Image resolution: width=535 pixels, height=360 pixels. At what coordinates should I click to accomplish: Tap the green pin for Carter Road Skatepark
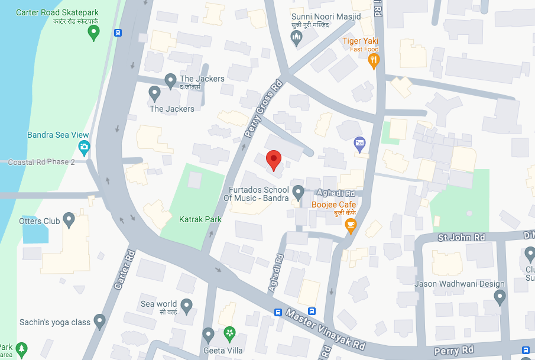pos(93,34)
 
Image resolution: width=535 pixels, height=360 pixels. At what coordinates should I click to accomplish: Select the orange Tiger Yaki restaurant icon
pos(373,60)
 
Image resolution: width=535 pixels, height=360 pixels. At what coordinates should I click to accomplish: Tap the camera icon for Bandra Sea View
pos(84,147)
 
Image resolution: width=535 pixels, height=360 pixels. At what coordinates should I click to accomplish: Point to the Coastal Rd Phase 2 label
pos(41,162)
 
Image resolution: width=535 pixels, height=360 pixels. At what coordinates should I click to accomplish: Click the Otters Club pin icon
pos(69,220)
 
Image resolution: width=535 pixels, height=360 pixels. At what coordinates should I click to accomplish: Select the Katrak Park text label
pos(200,219)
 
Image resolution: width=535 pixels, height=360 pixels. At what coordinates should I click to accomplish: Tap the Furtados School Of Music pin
pos(299,192)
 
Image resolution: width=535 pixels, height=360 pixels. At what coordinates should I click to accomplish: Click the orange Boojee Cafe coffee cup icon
pos(351,225)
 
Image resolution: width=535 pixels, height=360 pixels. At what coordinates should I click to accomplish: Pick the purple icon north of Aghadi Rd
pos(359,142)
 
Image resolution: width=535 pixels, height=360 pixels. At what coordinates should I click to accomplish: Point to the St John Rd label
pos(461,238)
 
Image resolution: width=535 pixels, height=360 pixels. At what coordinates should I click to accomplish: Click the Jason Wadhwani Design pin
pos(500,296)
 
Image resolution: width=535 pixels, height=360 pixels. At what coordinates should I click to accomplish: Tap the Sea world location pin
pos(186,306)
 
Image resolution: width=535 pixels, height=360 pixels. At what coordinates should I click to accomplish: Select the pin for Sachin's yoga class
pos(99,322)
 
